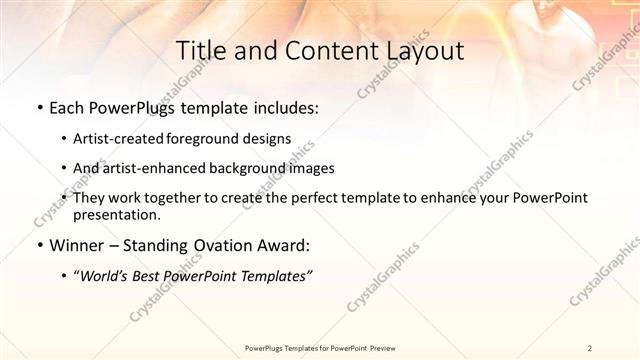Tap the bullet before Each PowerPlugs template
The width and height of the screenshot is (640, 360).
39,107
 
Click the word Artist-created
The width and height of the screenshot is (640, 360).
113,138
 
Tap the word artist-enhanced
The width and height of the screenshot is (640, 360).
148,168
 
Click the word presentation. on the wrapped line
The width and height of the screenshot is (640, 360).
116,215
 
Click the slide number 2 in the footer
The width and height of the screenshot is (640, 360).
590,347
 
